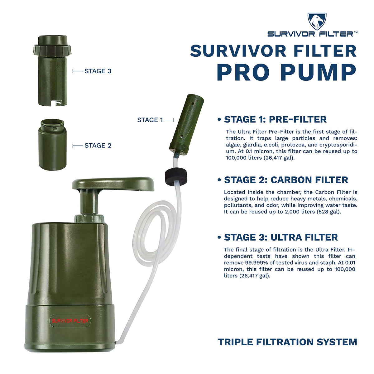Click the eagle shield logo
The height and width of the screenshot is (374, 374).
317,21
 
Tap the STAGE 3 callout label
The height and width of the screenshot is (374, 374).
98,71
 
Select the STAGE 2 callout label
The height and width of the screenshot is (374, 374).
98,146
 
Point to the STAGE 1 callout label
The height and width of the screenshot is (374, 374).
150,120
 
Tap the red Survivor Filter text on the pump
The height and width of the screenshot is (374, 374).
70,321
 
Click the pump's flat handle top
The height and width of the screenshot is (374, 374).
113,184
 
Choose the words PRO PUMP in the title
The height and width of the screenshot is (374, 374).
286,72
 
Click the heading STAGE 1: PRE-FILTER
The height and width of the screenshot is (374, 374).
275,119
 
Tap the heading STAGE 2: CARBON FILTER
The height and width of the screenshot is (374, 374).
286,180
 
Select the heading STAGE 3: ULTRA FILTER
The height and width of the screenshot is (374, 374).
281,237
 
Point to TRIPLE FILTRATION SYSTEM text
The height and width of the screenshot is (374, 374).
287,342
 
